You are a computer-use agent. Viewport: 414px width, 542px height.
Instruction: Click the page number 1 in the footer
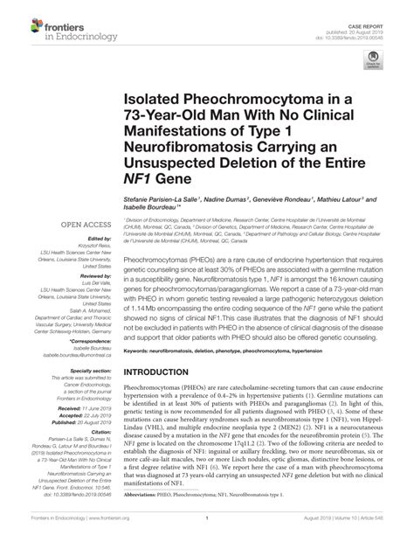[x=207, y=531]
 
